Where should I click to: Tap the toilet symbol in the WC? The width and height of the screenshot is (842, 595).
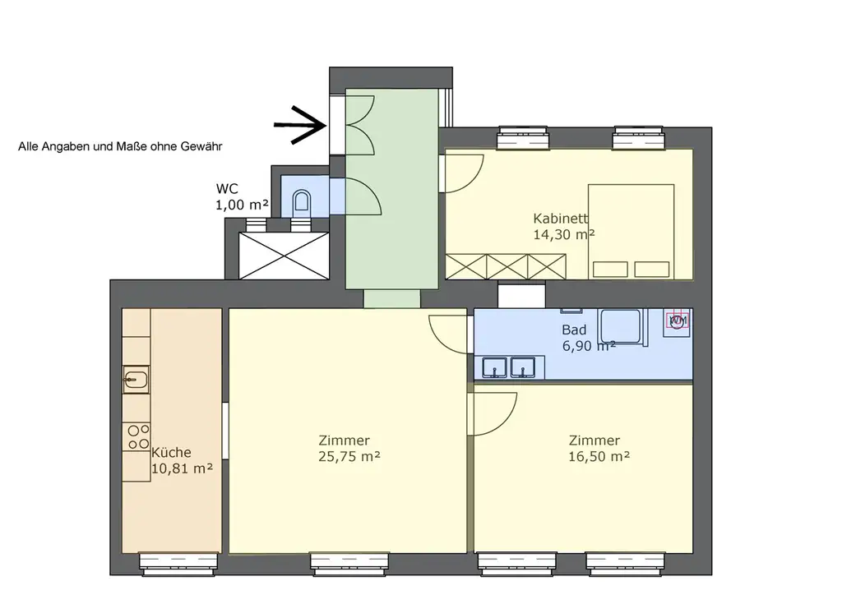point(302,201)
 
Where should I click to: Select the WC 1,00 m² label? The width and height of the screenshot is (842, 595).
point(242,197)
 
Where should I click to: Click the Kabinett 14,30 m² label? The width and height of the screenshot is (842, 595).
point(564,226)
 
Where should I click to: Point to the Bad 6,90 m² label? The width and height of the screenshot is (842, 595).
point(589,338)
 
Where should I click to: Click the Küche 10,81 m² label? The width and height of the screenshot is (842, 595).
point(182,460)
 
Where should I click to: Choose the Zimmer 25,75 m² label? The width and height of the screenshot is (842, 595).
point(349,449)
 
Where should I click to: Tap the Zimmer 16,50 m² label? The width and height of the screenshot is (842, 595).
point(599,449)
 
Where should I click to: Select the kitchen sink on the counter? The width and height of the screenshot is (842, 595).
point(136,380)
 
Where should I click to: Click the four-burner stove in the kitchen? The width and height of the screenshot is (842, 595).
point(137,436)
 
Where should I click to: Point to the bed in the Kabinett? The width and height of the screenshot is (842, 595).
point(631,232)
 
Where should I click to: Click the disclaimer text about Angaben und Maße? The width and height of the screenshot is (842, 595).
point(120,146)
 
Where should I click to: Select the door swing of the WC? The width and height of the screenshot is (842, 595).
point(363,196)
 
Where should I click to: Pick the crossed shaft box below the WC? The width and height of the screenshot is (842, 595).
point(284,256)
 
